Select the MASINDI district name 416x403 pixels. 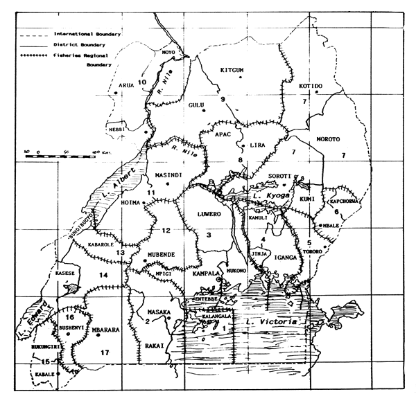[x=168, y=175]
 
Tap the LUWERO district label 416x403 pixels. [x=209, y=214]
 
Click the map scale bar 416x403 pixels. [x=59, y=156]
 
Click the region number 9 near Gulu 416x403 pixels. [x=223, y=100]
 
